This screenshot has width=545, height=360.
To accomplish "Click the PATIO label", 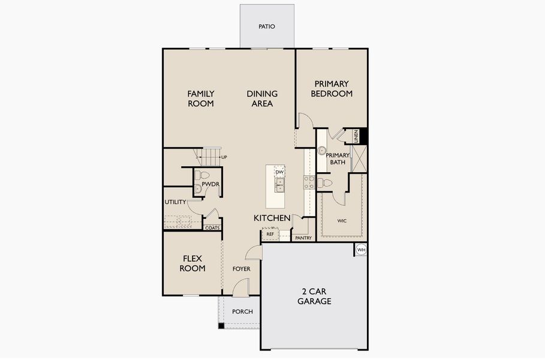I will tap(267, 26).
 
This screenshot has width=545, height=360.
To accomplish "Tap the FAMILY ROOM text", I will tap(200, 98).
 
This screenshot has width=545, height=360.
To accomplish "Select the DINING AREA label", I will tap(262, 98).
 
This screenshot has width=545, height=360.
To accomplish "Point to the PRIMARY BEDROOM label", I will tap(332, 89).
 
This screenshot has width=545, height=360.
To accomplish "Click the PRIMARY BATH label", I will tap(337, 159).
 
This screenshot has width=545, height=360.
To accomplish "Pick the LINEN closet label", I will tap(356, 136).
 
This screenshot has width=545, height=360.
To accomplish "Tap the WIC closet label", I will tap(342, 221).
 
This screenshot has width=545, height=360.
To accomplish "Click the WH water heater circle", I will tap(361, 250).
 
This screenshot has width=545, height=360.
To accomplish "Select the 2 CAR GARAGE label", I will tap(314, 296).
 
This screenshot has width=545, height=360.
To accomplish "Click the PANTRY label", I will tap(303, 238).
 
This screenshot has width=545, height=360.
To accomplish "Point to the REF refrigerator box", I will tap(270, 234).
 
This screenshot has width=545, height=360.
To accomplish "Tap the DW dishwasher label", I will tap(279, 172).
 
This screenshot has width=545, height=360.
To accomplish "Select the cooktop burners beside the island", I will tap(309, 182).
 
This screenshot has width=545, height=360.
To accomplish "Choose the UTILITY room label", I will tap(175, 202).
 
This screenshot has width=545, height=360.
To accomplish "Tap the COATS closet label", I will tap(212, 228).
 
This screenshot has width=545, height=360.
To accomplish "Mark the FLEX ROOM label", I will tap(192, 263).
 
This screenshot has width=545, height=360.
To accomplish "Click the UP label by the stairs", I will tap(224, 157).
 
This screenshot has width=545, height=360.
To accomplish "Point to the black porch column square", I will tap(221, 326).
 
